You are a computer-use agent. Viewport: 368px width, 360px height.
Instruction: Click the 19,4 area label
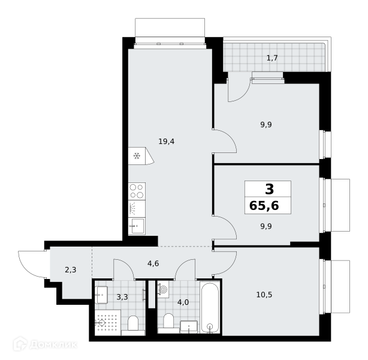click(167, 142)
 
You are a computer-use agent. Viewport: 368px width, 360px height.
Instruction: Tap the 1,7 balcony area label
click(272, 58)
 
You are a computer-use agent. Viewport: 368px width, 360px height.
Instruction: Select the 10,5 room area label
click(264, 295)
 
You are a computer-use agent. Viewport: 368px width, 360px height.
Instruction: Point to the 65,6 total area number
click(264, 206)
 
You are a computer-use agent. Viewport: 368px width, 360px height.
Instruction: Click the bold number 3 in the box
click(270, 189)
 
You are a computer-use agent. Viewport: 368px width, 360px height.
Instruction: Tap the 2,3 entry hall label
click(71, 270)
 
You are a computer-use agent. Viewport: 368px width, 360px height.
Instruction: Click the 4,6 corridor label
click(153, 263)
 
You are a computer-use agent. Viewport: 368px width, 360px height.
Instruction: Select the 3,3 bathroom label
click(122, 297)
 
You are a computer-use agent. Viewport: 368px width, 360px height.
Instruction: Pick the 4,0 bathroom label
click(183, 302)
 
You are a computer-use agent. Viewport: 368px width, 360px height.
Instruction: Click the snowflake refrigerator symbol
click(137, 156)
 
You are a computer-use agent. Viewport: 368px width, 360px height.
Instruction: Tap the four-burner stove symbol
click(137, 191)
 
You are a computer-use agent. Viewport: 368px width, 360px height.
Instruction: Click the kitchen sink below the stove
click(137, 226)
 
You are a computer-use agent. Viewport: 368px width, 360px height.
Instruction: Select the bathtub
click(210, 307)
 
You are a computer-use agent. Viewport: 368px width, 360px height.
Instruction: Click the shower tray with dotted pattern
click(108, 322)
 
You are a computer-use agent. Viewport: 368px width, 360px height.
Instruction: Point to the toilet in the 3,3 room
click(133, 325)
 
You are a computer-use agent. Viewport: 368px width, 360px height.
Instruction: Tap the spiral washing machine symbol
click(164, 289)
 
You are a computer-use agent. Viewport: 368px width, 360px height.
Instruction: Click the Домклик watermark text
click(53, 344)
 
